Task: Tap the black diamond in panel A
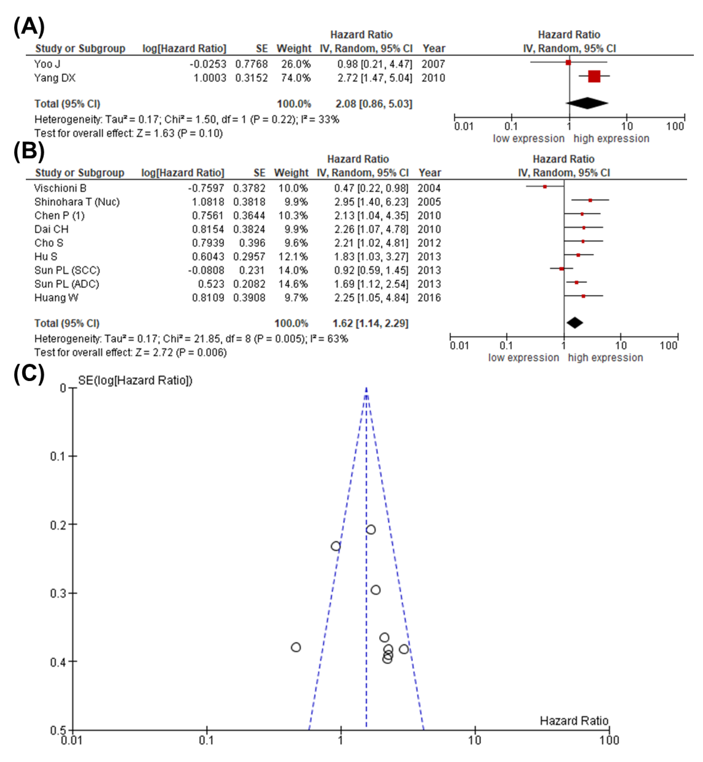pos(587,103)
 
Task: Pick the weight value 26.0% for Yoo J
pos(296,64)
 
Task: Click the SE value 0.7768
pos(251,64)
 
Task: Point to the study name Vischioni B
pos(60,188)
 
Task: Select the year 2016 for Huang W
pos(429,298)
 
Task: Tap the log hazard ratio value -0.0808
pos(206,270)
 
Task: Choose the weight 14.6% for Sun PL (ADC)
pos(293,284)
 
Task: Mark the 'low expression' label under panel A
pos(528,138)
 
